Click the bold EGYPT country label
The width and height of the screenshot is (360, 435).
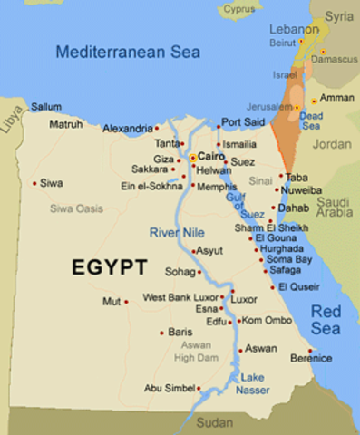click(x=110, y=267)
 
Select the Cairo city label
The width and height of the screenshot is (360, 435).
click(x=211, y=156)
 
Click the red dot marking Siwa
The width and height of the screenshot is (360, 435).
click(x=35, y=183)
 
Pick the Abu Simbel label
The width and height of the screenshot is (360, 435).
click(x=170, y=388)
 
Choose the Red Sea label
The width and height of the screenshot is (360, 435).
click(x=326, y=320)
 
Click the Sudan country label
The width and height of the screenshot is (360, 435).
click(x=215, y=422)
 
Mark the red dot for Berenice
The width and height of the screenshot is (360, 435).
click(x=310, y=351)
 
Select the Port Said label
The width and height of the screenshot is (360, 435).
click(x=243, y=121)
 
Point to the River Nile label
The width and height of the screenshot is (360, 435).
click(x=179, y=233)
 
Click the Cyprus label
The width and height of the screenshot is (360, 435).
click(x=239, y=9)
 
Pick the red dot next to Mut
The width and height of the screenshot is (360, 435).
click(x=126, y=301)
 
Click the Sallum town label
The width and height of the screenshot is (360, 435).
click(x=46, y=106)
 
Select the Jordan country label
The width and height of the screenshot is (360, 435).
click(x=331, y=144)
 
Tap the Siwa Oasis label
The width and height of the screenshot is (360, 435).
click(x=76, y=208)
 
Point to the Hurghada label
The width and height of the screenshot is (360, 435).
click(x=281, y=247)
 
